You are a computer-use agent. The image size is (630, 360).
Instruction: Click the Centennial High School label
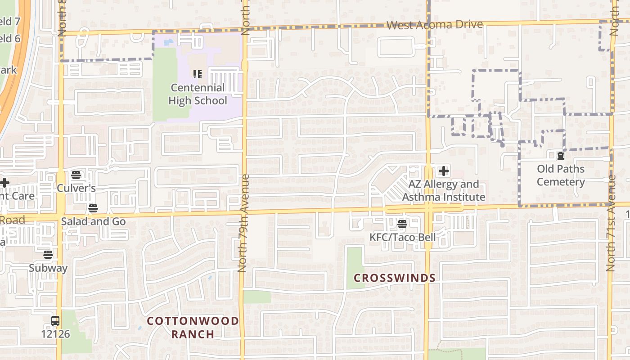pos(198,94)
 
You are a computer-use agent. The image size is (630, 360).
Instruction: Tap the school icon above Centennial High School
pos(197,74)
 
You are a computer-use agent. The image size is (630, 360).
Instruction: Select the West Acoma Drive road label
pos(434,25)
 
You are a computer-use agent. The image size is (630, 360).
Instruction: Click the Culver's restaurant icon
pos(76,175)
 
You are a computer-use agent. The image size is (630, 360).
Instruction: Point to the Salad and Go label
pos(93,221)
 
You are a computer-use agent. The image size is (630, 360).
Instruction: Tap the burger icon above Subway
pos(48,255)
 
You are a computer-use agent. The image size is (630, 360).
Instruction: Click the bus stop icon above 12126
pos(55,321)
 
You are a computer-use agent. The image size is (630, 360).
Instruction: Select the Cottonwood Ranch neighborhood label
pos(193,327)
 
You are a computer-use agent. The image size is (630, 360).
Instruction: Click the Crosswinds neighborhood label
pos(394,278)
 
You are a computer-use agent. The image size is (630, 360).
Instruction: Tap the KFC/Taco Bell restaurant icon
pos(402,224)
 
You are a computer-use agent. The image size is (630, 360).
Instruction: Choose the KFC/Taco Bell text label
pos(402,237)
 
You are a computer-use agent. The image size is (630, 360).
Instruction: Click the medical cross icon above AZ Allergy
pos(444,171)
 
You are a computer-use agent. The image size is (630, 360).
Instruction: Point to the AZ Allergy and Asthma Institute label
pos(444,191)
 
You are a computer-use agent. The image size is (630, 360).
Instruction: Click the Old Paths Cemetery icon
pos(561,156)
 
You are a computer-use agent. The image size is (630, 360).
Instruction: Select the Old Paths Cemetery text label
pos(561,175)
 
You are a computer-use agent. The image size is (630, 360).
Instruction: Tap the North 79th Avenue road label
pos(243,223)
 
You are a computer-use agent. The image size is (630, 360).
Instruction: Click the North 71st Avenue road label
pos(611,223)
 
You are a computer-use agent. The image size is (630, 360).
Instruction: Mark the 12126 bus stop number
pos(55,334)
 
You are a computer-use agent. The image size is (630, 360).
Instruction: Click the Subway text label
pos(48,268)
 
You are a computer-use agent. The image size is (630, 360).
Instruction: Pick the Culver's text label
pos(76,188)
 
